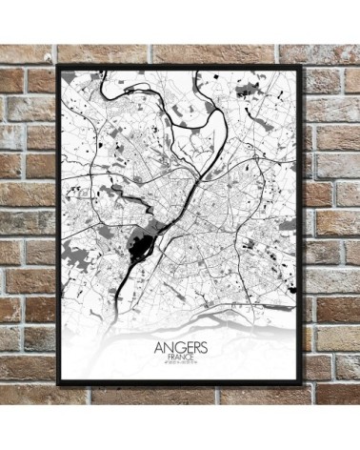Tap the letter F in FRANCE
[167, 358]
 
